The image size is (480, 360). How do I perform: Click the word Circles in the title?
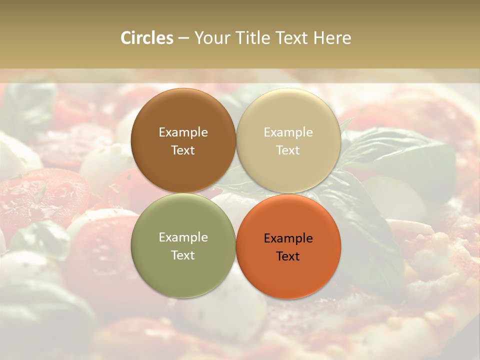pos(146,38)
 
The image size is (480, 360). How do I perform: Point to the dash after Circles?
pos(183,38)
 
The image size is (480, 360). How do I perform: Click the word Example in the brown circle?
pos(183,132)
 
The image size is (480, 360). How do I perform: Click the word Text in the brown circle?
pos(183,150)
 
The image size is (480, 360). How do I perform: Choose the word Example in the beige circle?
pos(288,132)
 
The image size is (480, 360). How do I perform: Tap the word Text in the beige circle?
pos(288,150)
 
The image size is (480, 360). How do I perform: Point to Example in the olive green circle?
pos(183,237)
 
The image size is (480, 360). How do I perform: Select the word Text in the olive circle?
pos(183,255)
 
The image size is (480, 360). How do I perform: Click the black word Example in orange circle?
pos(288,238)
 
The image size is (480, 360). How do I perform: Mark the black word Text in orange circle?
pos(288,256)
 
